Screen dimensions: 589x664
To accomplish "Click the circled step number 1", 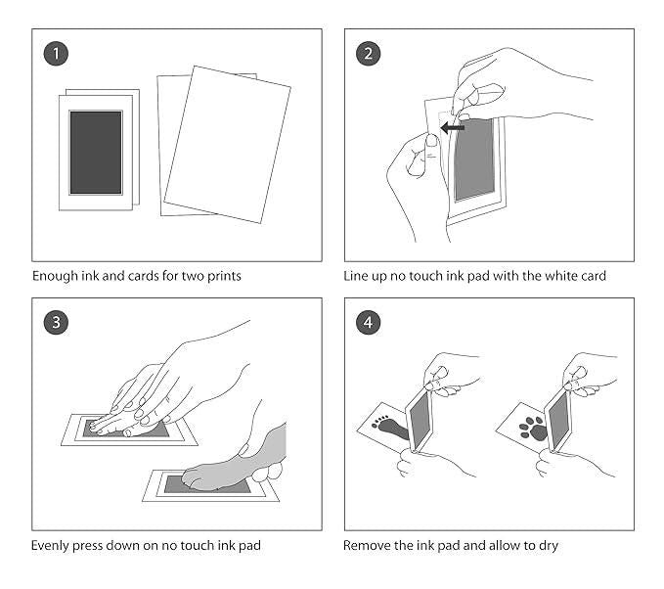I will click(x=58, y=54).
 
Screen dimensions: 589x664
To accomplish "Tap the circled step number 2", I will click(x=369, y=54).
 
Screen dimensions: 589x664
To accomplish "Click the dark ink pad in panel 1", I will click(x=96, y=152).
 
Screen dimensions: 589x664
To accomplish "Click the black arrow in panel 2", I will click(x=452, y=128).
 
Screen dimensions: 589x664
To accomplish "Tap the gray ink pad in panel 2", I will click(x=474, y=161).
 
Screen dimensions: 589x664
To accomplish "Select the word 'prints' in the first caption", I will click(x=221, y=277).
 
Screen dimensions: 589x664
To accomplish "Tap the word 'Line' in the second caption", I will click(x=356, y=277).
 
